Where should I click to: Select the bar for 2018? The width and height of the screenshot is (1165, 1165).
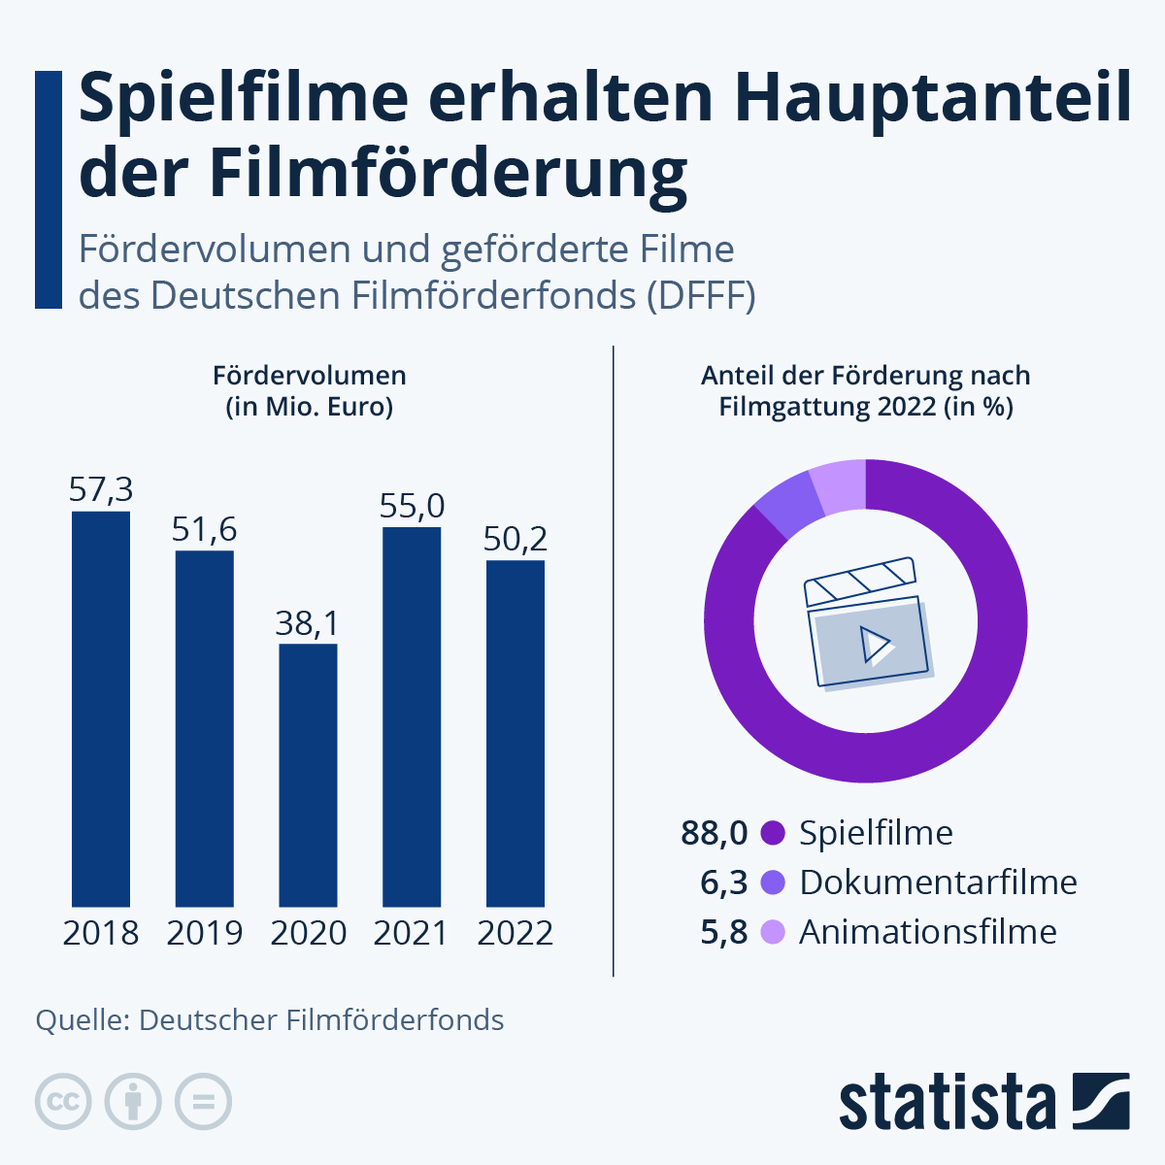pyautogui.click(x=101, y=709)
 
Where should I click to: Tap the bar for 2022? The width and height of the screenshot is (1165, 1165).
pyautogui.click(x=515, y=733)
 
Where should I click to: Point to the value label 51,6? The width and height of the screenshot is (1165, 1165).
pyautogui.click(x=204, y=529)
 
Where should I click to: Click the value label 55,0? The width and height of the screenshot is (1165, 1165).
pyautogui.click(x=412, y=506)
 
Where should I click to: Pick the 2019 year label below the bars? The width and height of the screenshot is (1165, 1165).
pyautogui.click(x=204, y=933)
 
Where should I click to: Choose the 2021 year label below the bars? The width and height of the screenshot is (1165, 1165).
pyautogui.click(x=411, y=933)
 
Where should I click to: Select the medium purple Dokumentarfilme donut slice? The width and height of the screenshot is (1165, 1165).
pyautogui.click(x=787, y=508)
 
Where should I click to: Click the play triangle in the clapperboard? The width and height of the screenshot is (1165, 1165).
pyautogui.click(x=875, y=644)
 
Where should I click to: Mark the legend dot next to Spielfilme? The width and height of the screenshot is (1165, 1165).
pyautogui.click(x=773, y=833)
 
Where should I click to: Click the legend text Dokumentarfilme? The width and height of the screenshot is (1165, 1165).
pyautogui.click(x=938, y=882)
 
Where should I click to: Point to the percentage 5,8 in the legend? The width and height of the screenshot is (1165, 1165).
pyautogui.click(x=724, y=932)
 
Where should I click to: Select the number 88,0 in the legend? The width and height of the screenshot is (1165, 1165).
pyautogui.click(x=715, y=833)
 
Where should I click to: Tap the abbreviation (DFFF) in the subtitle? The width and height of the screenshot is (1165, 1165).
pyautogui.click(x=701, y=295)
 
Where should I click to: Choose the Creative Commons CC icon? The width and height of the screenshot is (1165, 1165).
pyautogui.click(x=64, y=1102)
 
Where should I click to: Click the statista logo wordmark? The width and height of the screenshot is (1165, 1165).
pyautogui.click(x=947, y=1102)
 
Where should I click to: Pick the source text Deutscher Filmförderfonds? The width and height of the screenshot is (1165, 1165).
pyautogui.click(x=321, y=1020)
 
